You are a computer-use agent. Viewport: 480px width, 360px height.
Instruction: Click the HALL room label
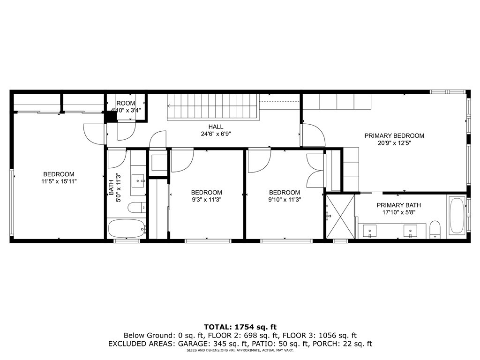click(216, 127)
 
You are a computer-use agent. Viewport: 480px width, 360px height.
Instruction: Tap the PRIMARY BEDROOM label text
click(394, 136)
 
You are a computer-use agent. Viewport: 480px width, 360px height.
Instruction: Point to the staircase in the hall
click(213, 107)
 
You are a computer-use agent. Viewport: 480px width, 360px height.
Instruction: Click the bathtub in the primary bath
click(457, 216)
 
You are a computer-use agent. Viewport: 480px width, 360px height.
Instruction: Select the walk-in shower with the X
click(340, 216)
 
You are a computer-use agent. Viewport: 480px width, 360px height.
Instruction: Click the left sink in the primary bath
click(370, 231)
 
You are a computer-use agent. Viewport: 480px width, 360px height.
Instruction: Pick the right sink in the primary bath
click(411, 231)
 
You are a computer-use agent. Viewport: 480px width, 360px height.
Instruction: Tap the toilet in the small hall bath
click(137, 207)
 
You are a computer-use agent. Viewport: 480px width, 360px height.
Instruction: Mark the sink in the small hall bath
click(138, 179)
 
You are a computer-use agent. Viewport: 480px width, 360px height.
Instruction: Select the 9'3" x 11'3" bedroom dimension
click(206, 199)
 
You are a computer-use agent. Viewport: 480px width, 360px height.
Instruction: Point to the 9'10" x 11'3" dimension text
click(285, 199)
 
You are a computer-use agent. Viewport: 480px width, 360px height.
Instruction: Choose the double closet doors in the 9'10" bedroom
click(315, 171)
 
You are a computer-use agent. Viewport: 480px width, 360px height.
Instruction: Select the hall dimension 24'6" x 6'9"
click(216, 133)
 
